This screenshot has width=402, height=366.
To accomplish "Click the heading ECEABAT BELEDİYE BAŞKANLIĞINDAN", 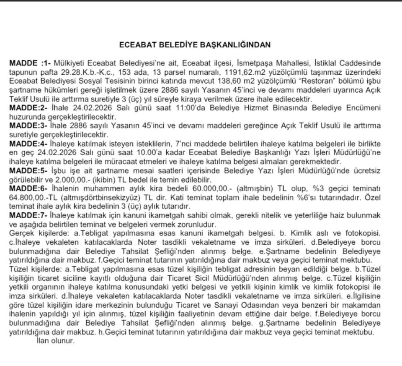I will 195,44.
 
